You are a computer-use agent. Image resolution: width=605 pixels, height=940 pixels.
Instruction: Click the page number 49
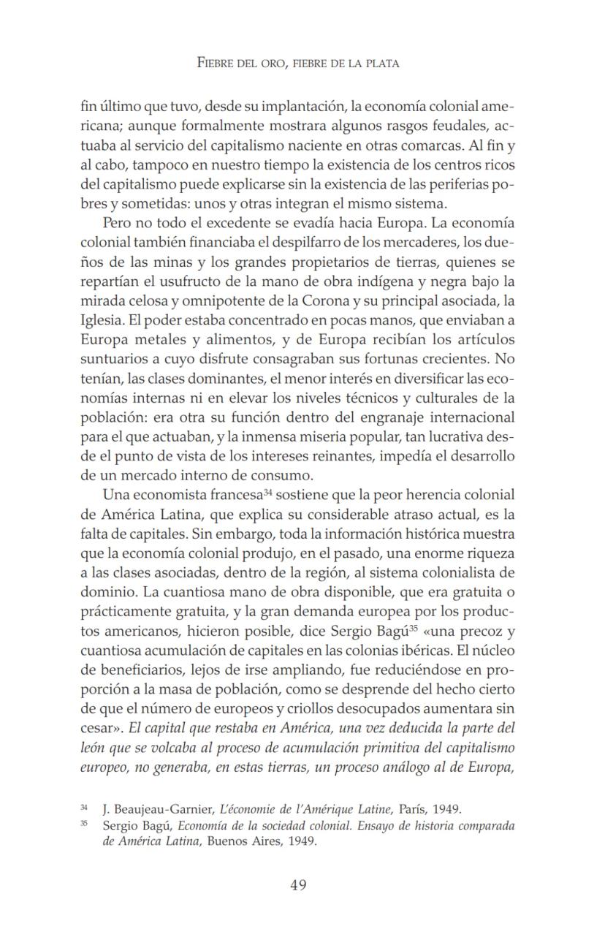click(x=298, y=885)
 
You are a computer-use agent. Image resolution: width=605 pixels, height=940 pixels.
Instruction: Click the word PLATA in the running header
click(x=381, y=64)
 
